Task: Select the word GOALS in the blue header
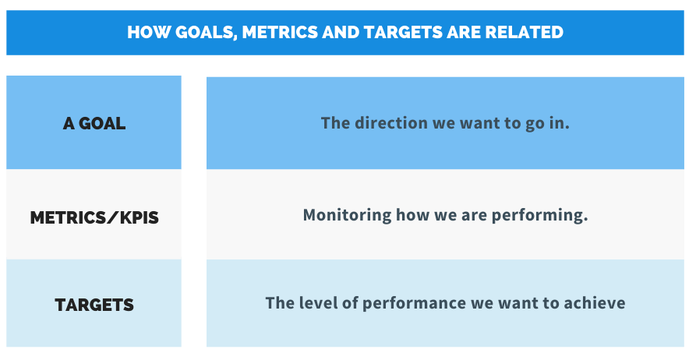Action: coord(206,33)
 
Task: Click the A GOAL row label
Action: coord(94,123)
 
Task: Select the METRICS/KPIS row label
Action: coord(94,217)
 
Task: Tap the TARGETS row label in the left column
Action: coord(94,305)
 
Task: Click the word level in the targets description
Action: coord(318,303)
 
